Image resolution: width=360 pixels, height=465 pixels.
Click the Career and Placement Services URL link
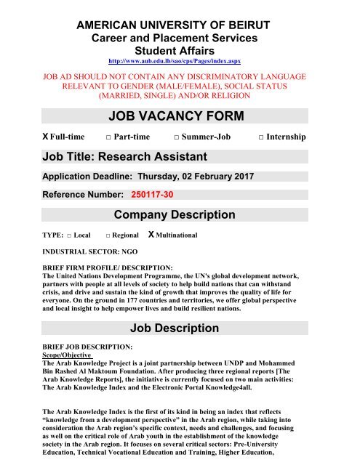pyautogui.click(x=180, y=62)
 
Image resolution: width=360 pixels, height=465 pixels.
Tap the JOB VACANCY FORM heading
pyautogui.click(x=180, y=116)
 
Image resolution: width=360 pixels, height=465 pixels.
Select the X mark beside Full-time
pyautogui.click(x=25, y=137)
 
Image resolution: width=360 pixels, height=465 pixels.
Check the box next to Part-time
pyautogui.click(x=107, y=137)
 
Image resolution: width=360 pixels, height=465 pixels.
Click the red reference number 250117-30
pyautogui.click(x=152, y=195)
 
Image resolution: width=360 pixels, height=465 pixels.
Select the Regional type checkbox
pyautogui.click(x=108, y=236)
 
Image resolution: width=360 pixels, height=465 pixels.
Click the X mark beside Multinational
pyautogui.click(x=151, y=235)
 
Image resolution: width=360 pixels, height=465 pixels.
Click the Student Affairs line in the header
pyautogui.click(x=180, y=51)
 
